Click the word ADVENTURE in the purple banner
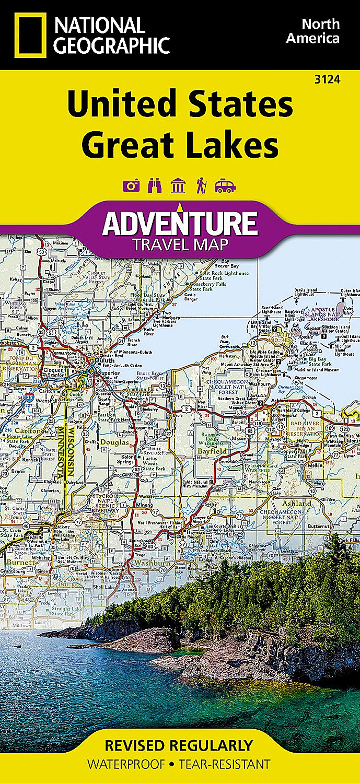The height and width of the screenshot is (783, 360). [180, 223]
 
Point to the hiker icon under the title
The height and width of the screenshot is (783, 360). [201, 185]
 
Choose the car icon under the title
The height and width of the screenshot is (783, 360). [225, 185]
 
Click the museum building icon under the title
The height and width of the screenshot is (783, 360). [178, 185]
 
